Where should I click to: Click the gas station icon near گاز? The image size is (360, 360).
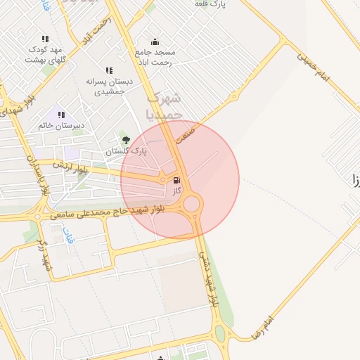coord(176,180)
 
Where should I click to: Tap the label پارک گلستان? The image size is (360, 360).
coord(124,151)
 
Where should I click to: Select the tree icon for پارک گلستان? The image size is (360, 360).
coord(127,140)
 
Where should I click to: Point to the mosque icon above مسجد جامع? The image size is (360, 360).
coord(155,41)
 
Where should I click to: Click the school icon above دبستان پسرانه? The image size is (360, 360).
coord(108,70)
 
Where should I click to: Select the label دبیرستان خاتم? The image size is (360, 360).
coord(61,125)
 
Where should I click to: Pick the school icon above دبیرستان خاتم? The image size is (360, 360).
coord(61,114)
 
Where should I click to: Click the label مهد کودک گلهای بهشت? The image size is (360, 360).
coord(45,54)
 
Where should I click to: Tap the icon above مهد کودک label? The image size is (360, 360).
coord(45,39)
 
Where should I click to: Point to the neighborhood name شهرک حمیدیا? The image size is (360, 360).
coord(167,105)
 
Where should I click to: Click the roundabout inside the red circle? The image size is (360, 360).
coord(191,205)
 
